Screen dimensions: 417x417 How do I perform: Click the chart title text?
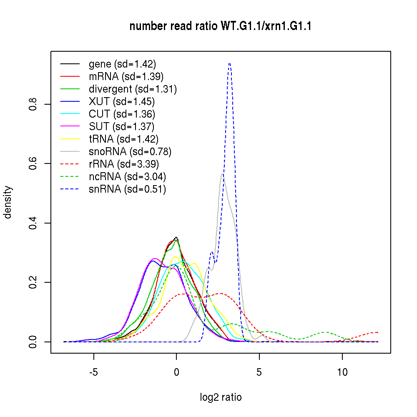221,27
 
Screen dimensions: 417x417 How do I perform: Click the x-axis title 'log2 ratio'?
221,397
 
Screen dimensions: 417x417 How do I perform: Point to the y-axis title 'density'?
8,202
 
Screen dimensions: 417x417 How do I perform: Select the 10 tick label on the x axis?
342,372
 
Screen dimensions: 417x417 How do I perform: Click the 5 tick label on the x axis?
259,372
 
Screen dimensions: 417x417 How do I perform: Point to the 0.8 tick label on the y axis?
33,104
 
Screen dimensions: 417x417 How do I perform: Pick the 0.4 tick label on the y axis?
33,223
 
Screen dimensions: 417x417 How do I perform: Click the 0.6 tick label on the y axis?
33,163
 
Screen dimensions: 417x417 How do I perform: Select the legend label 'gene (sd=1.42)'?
122,64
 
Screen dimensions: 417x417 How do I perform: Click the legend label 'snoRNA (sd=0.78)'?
130,152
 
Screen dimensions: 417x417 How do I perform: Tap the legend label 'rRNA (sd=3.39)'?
124,164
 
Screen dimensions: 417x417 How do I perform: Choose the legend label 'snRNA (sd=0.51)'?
127,189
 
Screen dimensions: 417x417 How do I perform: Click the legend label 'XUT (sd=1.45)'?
122,102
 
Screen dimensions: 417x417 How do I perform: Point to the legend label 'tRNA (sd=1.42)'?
123,139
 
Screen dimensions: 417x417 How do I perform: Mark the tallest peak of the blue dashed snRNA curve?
229,63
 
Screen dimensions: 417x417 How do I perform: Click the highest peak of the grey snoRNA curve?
223,174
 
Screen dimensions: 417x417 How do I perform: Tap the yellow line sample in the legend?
70,139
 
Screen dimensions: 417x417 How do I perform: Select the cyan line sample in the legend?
70,114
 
